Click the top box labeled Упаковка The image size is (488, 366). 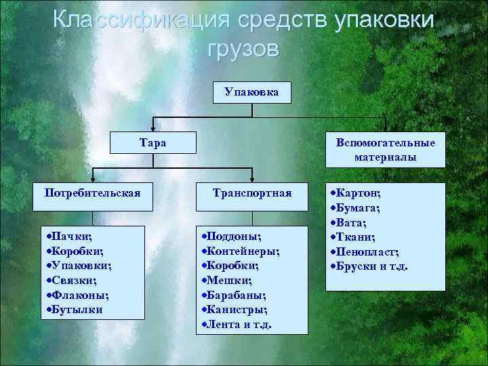point(251,91)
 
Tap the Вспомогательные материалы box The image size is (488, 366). point(385,150)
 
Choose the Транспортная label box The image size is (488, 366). point(251,193)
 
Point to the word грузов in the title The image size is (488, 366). point(241,49)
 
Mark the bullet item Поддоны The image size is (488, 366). point(232,235)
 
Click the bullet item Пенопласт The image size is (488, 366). point(363,251)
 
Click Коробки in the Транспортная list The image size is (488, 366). point(232,265)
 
